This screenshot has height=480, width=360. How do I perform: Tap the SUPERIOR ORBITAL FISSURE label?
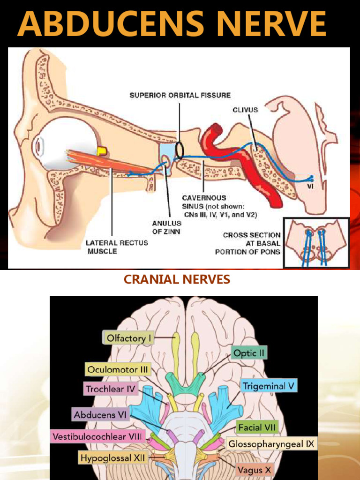(180, 95)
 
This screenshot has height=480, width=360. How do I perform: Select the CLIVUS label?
(245, 110)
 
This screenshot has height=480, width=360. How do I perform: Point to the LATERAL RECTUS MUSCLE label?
(117, 247)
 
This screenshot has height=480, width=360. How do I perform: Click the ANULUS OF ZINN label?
(166, 227)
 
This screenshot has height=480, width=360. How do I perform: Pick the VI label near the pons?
(310, 186)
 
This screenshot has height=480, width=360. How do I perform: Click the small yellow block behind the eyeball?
(101, 150)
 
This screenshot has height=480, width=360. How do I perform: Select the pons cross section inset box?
(316, 242)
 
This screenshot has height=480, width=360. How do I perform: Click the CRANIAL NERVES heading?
(177, 280)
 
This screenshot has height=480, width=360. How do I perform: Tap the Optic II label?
(249, 353)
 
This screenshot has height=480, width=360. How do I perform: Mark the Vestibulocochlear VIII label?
(98, 436)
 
